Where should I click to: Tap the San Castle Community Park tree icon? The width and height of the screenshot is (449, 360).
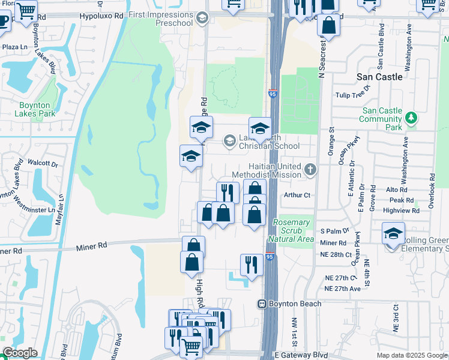pos(411,117)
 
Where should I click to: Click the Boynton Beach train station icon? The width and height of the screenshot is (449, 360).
pos(262,304)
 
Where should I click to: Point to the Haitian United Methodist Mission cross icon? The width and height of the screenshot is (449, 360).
pos(310,169)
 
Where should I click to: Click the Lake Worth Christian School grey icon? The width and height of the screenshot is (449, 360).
pos(229,141)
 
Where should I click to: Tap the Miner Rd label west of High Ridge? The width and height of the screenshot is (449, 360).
pos(91,245)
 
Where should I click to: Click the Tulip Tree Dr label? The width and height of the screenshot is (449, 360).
pos(354,95)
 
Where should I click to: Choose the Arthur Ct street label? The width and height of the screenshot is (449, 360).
pos(297,195)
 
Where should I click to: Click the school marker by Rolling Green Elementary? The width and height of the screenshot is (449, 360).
pos(393,233)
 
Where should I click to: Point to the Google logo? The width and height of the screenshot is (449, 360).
pos(20,353)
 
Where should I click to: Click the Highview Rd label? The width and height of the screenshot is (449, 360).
pos(399,211)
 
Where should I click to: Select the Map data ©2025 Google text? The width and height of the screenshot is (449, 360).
pos(411,355)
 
